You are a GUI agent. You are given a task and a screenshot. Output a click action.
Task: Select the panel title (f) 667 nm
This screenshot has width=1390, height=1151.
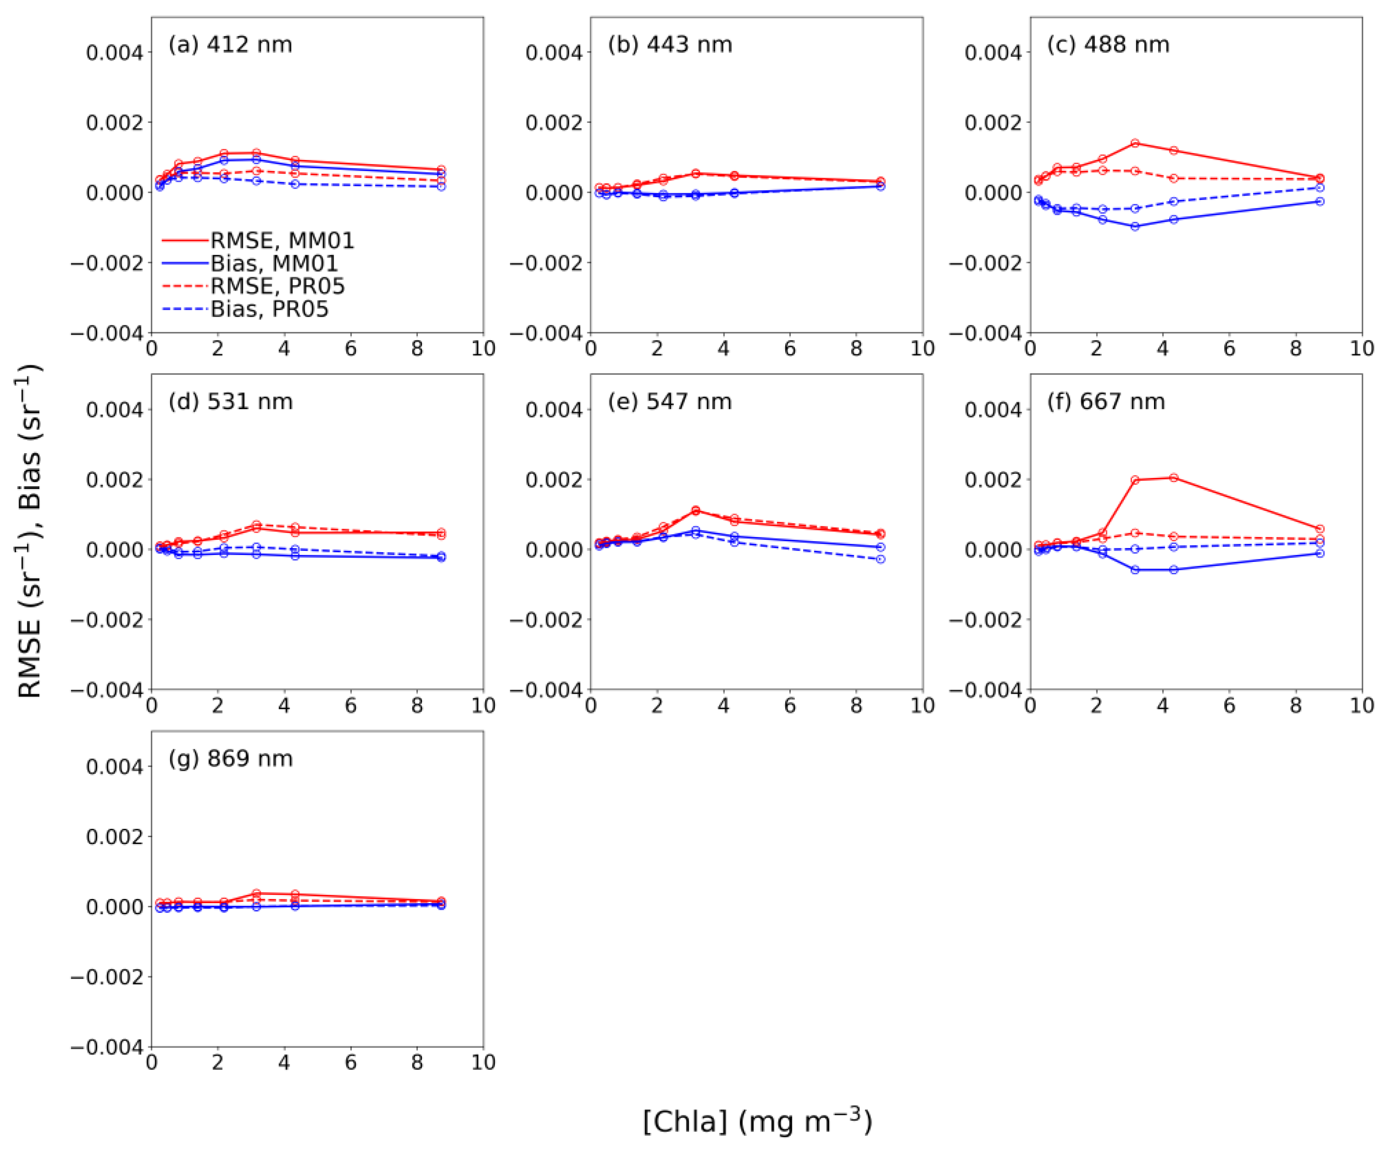[x=1105, y=402]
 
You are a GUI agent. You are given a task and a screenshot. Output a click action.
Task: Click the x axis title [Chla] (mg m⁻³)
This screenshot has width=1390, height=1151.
[x=757, y=1121]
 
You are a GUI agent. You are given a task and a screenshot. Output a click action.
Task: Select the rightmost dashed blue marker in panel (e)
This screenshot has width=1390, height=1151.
[x=881, y=559]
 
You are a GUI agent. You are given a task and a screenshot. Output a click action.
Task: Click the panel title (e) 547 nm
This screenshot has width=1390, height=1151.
[x=669, y=402]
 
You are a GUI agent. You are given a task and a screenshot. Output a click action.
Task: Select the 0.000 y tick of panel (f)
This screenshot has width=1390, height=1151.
[x=993, y=550]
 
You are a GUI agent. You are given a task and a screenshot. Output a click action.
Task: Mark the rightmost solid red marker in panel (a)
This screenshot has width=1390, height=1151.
[x=442, y=170]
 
